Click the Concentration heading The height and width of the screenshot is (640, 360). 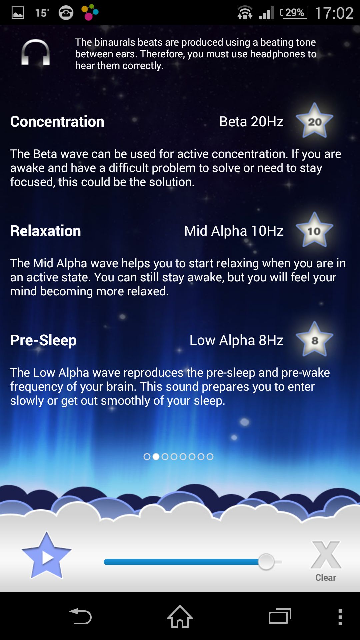tap(57, 122)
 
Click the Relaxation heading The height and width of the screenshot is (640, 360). tap(46, 231)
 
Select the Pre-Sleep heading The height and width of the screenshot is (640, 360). tap(43, 340)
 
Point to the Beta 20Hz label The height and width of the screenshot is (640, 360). tap(251, 122)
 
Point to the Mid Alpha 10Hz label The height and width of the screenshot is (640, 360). tap(234, 231)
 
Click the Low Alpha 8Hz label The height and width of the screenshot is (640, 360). tap(237, 340)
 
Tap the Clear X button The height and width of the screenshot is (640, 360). tap(326, 561)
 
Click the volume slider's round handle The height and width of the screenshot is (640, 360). tap(266, 562)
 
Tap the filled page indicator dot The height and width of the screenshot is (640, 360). tap(156, 457)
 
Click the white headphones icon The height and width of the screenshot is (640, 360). tap(36, 52)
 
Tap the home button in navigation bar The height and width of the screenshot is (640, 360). tap(180, 616)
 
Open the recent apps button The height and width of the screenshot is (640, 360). tap(280, 616)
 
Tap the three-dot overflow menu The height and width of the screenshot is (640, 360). tap(340, 617)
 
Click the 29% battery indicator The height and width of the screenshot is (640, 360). tap(294, 13)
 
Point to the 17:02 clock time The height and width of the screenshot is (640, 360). tap(334, 13)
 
